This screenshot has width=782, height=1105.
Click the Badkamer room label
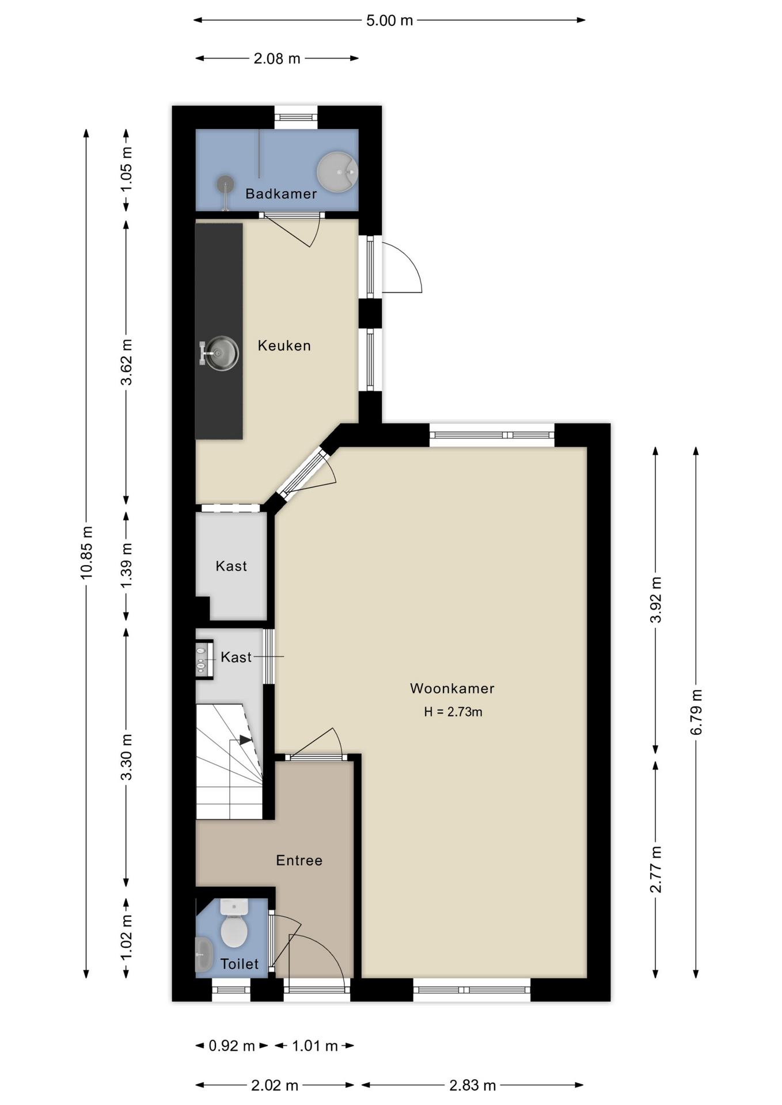point(281,193)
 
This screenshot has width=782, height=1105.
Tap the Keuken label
point(284,345)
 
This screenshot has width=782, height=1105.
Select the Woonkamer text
point(452,688)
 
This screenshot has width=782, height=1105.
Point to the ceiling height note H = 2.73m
point(453,712)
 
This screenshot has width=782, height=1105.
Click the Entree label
point(299,860)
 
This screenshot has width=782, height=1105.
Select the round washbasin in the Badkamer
point(337,172)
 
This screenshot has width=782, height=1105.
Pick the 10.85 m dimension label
point(86,552)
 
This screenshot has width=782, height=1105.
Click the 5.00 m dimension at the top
point(390,21)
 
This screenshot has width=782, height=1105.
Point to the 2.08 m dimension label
point(277,59)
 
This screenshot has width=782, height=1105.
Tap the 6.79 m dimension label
point(696,712)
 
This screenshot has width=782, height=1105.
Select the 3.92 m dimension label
point(656,600)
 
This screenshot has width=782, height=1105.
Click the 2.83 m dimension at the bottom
point(473,1085)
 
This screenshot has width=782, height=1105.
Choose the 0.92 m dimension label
point(231,1046)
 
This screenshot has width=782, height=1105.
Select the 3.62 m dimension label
point(127,362)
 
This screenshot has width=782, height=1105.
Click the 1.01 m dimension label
point(314,1046)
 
